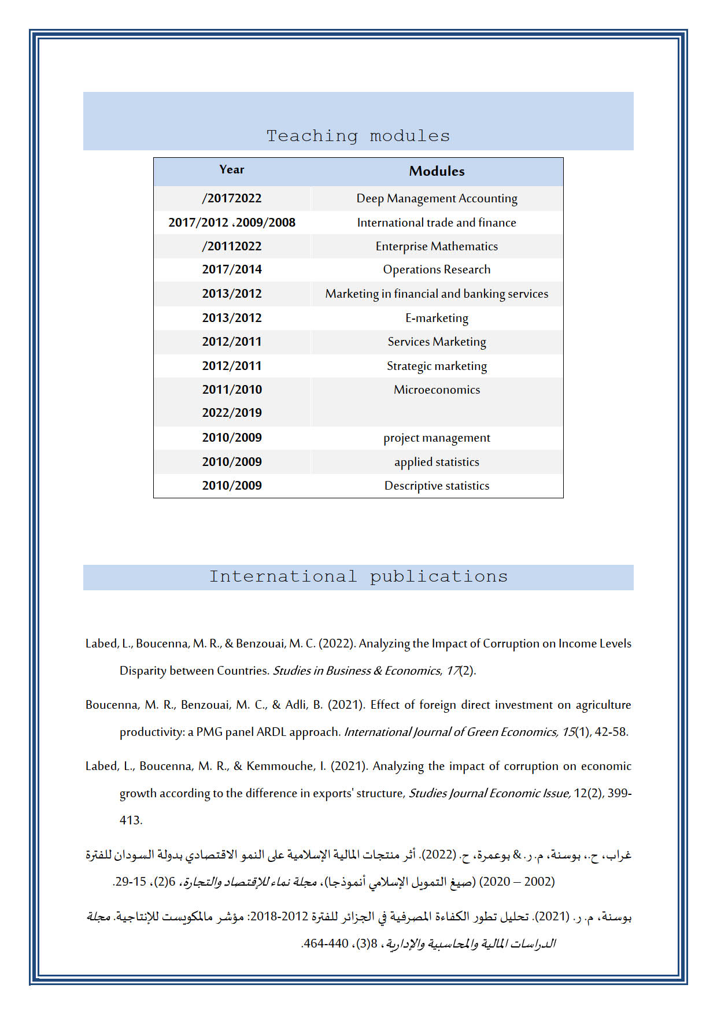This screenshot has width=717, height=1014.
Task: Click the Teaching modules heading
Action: pyautogui.click(x=358, y=136)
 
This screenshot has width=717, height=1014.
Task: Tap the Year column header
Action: pyautogui.click(x=232, y=169)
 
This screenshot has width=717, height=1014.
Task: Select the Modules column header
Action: pyautogui.click(x=437, y=171)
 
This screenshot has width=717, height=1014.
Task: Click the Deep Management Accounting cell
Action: pyautogui.click(x=437, y=198)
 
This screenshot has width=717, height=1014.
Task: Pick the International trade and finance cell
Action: pyautogui.click(x=437, y=223)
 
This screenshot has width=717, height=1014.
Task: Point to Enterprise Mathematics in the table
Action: pyautogui.click(x=437, y=246)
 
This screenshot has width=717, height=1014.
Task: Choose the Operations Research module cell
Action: pyautogui.click(x=437, y=269)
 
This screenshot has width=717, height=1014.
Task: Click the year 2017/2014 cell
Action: pyautogui.click(x=232, y=269)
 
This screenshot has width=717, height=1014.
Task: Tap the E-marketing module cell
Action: pyautogui.click(x=437, y=318)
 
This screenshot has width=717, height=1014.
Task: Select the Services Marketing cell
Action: pyautogui.click(x=437, y=342)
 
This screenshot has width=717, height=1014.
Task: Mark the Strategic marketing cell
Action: pyautogui.click(x=437, y=366)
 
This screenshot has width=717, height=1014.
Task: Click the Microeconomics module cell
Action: pyautogui.click(x=437, y=390)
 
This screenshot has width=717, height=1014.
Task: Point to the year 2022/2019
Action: pyautogui.click(x=232, y=413)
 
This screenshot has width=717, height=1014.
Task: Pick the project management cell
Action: pyautogui.click(x=437, y=438)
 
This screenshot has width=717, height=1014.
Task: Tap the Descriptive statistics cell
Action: pyautogui.click(x=437, y=486)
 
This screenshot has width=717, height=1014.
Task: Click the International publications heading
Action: pyautogui.click(x=358, y=576)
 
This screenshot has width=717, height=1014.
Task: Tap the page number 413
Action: pyautogui.click(x=131, y=820)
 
